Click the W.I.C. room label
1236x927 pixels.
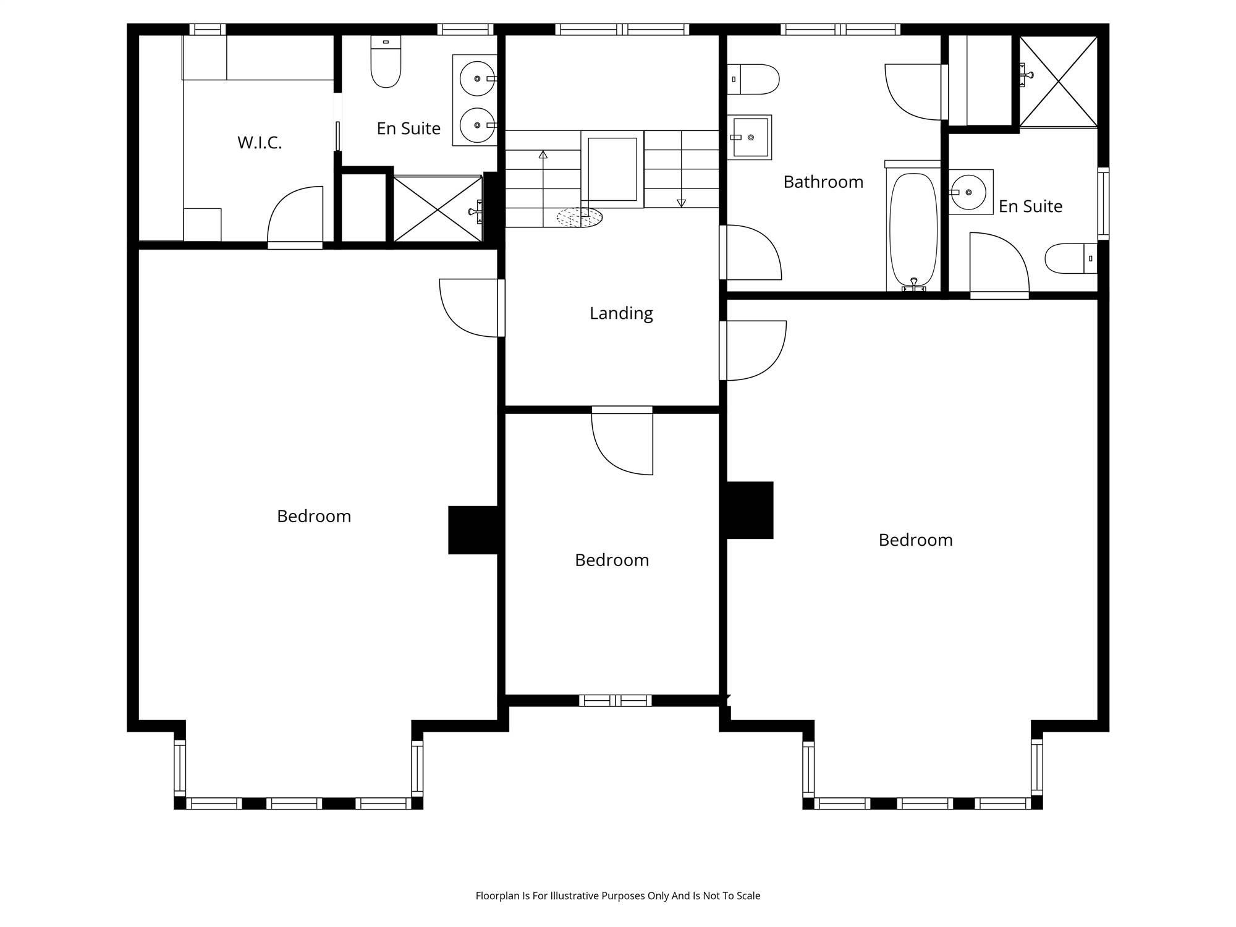(260, 143)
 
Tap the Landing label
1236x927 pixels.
(621, 313)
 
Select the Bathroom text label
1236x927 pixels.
(823, 182)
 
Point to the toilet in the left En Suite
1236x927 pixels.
(386, 61)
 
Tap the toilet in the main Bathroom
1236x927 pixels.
(753, 79)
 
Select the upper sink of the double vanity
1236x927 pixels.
(478, 78)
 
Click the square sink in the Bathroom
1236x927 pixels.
(750, 137)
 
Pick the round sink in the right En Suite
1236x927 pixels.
(968, 192)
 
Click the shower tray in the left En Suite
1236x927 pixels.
(438, 209)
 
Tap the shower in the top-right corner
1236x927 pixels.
(1059, 82)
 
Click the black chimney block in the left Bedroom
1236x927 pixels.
(473, 530)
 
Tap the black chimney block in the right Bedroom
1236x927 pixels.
(750, 510)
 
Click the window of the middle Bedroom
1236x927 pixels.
(616, 700)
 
